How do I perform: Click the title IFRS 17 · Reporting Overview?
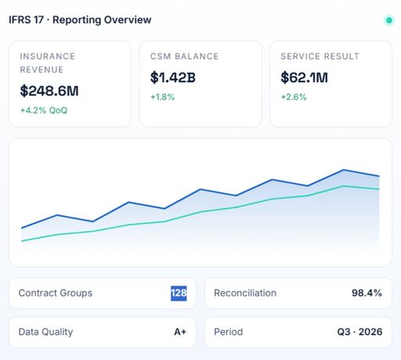pyautogui.click(x=80, y=20)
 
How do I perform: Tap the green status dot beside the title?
pyautogui.click(x=389, y=20)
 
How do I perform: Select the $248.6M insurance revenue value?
pyautogui.click(x=49, y=91)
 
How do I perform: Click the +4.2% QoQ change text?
pyautogui.click(x=44, y=110)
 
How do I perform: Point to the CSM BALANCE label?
pyautogui.click(x=184, y=56)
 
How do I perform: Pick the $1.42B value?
pyautogui.click(x=173, y=77)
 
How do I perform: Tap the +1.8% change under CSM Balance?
pyautogui.click(x=162, y=97)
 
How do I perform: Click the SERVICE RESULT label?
pyautogui.click(x=320, y=56)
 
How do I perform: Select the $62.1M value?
pyautogui.click(x=304, y=77)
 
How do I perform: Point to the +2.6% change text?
pyautogui.click(x=294, y=97)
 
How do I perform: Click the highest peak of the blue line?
pyautogui.click(x=344, y=170)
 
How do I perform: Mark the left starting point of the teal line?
pyautogui.click(x=22, y=241)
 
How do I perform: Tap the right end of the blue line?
pyautogui.click(x=379, y=176)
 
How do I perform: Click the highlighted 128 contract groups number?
pyautogui.click(x=179, y=293)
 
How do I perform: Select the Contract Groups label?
pyautogui.click(x=56, y=293)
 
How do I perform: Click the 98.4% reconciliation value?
pyautogui.click(x=367, y=293)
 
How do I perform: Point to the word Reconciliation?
pyautogui.click(x=245, y=293)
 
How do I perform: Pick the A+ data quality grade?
pyautogui.click(x=180, y=332)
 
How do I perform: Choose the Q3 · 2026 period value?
pyautogui.click(x=359, y=332)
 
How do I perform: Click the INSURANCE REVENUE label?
pyautogui.click(x=48, y=63)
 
